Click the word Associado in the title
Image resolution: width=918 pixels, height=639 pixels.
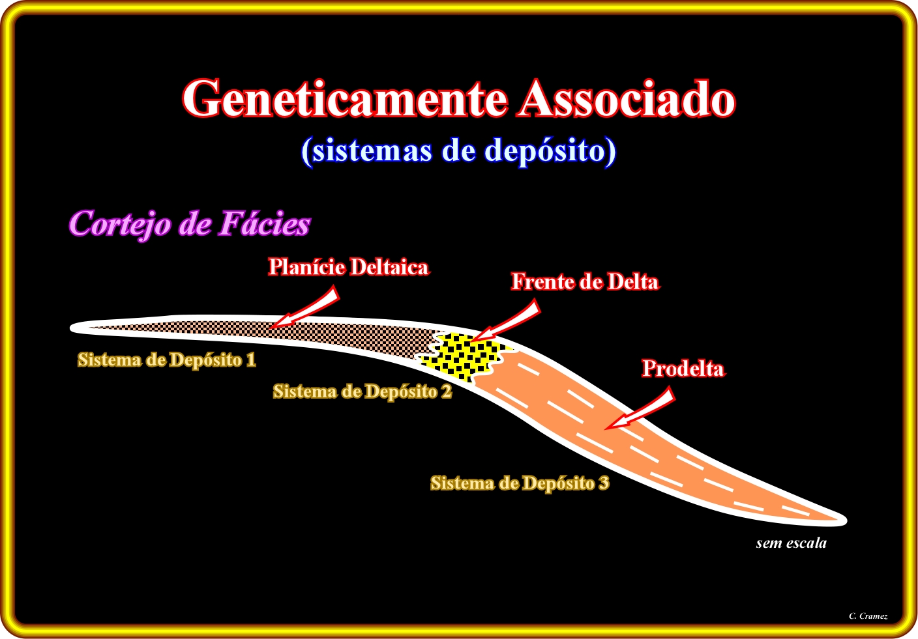(x=626, y=99)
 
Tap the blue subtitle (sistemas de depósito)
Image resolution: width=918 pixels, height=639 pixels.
(x=458, y=150)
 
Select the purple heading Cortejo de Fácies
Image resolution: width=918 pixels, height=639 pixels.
(x=189, y=224)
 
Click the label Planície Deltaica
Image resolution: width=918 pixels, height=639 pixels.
(x=349, y=267)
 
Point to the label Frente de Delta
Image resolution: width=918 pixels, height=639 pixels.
(x=584, y=282)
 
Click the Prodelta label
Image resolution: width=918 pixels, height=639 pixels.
(x=683, y=369)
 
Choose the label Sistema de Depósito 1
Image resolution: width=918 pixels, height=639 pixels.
(x=167, y=360)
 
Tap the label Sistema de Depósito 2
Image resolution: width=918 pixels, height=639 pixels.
(x=363, y=391)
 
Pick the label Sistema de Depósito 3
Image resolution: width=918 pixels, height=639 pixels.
(x=520, y=483)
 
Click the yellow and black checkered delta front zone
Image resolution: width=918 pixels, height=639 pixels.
(x=465, y=357)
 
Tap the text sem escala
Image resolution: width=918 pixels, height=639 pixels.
(x=791, y=543)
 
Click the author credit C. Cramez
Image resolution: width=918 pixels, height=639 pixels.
(x=868, y=616)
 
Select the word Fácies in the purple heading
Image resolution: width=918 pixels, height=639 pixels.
(x=264, y=224)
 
